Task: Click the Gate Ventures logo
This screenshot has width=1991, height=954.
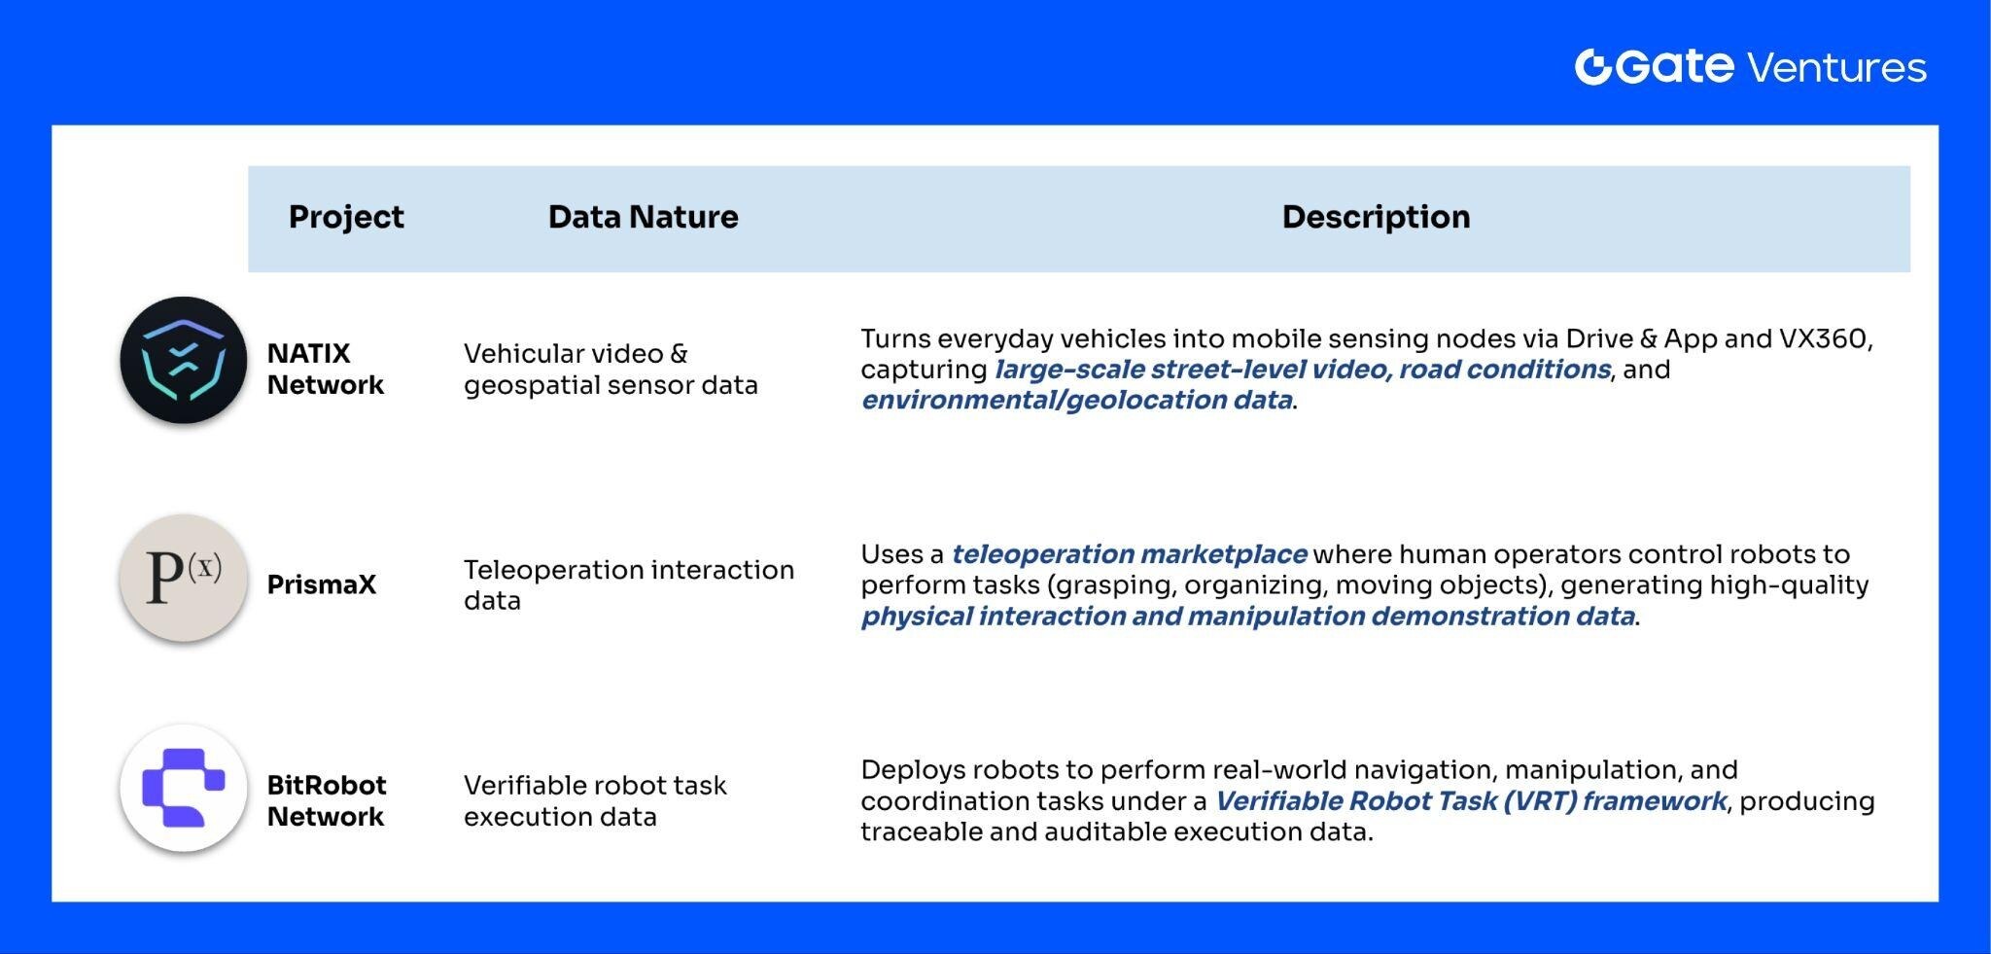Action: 1750,67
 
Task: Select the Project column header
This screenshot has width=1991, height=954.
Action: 345,217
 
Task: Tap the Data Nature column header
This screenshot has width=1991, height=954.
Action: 643,217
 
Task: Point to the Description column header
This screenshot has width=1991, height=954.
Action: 1375,217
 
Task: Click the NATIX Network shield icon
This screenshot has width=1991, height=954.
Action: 184,361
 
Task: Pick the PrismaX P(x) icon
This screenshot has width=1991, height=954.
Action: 184,578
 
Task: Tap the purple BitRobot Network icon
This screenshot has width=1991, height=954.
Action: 184,788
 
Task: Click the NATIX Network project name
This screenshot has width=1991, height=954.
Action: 325,369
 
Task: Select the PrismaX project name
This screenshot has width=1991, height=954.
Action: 321,584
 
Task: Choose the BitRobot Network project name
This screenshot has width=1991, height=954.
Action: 326,800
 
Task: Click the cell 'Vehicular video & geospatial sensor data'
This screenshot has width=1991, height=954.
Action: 610,369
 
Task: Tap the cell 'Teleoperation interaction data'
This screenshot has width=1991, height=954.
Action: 628,584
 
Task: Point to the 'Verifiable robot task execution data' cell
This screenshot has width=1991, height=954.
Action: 594,800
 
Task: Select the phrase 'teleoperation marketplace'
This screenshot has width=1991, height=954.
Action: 1128,554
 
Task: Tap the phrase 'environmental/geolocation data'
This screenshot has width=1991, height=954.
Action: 1076,400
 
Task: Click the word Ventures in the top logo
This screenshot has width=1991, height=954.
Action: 1835,68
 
